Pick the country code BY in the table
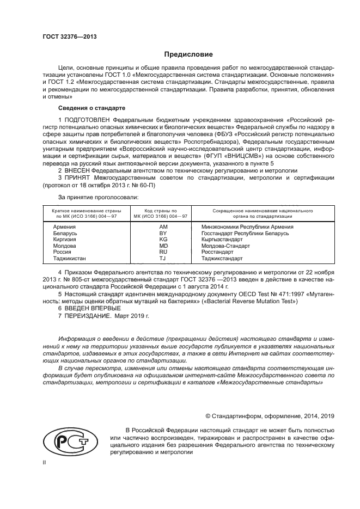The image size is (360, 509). (x=163, y=233)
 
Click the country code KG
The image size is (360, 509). (x=163, y=240)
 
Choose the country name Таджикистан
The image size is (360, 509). (x=69, y=259)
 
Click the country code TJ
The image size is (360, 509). (x=163, y=259)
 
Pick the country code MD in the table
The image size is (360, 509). (x=163, y=246)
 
